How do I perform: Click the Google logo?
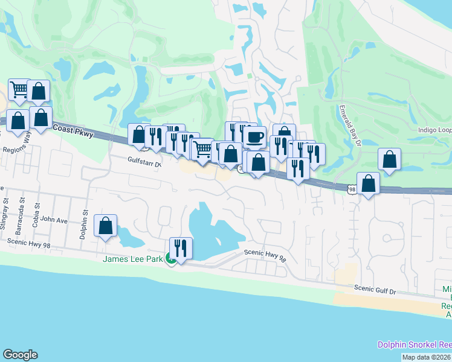(20, 355)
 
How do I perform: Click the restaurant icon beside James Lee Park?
(181, 247)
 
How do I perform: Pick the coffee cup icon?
(255, 136)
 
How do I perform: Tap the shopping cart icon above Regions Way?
(19, 91)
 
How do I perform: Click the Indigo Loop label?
(434, 130)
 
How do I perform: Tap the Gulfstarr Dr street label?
(144, 162)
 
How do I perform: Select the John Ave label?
(54, 220)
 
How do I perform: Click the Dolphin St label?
(84, 224)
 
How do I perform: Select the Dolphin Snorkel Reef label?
(415, 345)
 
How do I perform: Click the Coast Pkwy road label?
(73, 131)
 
